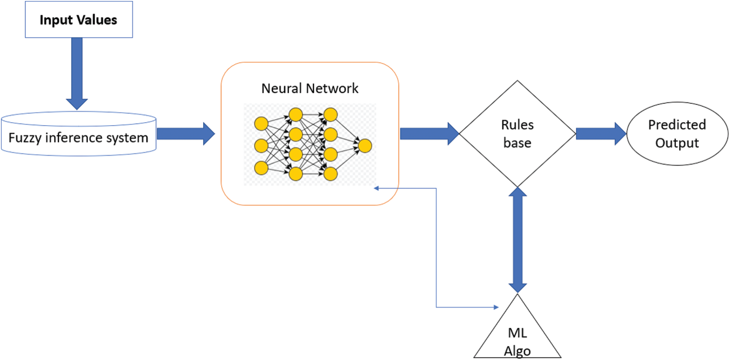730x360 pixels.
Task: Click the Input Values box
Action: pyautogui.click(x=79, y=20)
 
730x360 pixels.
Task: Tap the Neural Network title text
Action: pyautogui.click(x=310, y=88)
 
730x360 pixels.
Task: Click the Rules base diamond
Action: pyautogui.click(x=517, y=133)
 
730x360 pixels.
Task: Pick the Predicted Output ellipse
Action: pyautogui.click(x=677, y=133)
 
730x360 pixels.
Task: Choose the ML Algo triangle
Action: pyautogui.click(x=517, y=335)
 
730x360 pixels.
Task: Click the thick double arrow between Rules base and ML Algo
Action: pyautogui.click(x=518, y=240)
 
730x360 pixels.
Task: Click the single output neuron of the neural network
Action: pyautogui.click(x=365, y=146)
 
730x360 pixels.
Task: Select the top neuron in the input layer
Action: pyautogui.click(x=261, y=124)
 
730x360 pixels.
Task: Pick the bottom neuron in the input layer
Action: pyautogui.click(x=261, y=168)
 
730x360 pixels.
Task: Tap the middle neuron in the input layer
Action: pyautogui.click(x=261, y=146)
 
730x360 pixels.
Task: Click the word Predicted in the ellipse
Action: pyautogui.click(x=677, y=125)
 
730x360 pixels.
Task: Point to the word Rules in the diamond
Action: pyautogui.click(x=517, y=125)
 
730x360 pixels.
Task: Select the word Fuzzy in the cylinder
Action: pyautogui.click(x=24, y=138)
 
